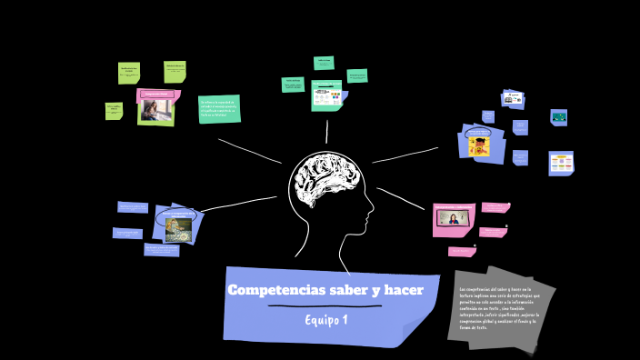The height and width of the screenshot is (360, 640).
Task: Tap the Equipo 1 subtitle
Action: (x=326, y=320)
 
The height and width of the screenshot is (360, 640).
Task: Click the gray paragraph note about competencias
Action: (x=499, y=308)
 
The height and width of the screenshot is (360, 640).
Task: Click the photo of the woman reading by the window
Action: (x=155, y=111)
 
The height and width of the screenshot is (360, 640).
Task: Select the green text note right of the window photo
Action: (x=219, y=109)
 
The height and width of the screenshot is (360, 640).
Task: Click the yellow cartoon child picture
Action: (x=479, y=145)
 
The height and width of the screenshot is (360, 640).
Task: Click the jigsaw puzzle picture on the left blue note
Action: (x=178, y=228)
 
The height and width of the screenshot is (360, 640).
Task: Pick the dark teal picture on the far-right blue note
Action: (x=559, y=117)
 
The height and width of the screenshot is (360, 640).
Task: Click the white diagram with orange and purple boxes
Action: (x=561, y=164)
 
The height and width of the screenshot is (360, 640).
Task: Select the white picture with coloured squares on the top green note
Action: (x=326, y=95)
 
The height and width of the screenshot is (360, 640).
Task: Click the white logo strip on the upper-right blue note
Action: (x=515, y=96)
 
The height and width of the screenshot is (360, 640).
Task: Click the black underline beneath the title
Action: (x=325, y=307)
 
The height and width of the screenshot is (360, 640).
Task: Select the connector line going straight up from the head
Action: (x=326, y=133)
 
